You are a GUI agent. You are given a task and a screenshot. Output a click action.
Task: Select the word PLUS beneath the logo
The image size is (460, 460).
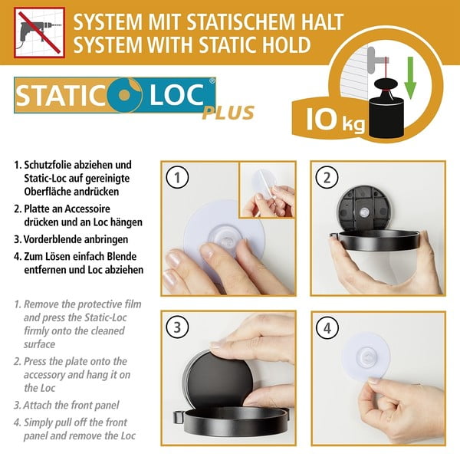228,113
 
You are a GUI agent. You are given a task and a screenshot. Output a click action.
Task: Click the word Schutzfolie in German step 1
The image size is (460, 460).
50,165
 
